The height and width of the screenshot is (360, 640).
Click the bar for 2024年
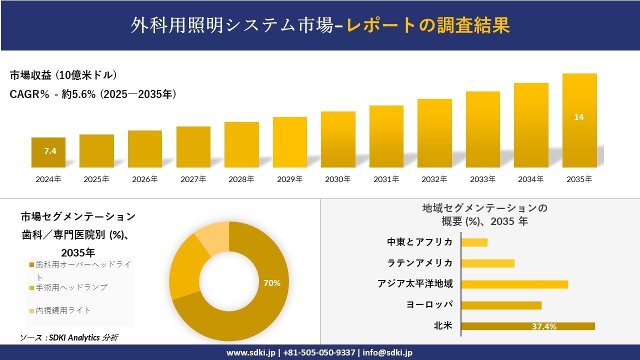[48, 152]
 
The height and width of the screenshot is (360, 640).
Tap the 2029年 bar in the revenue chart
[290, 142]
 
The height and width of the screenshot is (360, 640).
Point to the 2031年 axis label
[386, 179]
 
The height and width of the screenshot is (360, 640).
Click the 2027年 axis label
[193, 179]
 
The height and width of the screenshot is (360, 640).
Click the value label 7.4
[50, 151]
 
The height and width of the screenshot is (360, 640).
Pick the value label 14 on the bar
[579, 117]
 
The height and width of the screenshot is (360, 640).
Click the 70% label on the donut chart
[272, 283]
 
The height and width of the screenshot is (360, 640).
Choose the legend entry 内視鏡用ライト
[63, 310]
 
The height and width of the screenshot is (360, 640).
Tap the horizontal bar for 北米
[527, 326]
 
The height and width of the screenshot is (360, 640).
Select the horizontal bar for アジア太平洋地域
[514, 284]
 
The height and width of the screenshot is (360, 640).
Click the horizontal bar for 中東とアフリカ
[474, 242]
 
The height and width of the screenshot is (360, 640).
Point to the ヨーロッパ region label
[430, 305]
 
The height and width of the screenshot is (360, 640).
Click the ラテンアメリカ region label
[420, 263]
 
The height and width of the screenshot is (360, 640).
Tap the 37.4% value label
[544, 326]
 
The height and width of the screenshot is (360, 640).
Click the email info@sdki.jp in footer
[387, 352]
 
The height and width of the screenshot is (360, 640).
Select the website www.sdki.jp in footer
[251, 352]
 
